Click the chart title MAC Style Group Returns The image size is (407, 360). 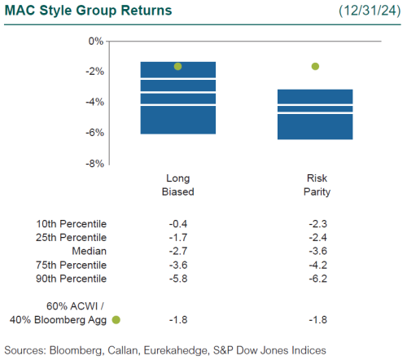coord(88,11)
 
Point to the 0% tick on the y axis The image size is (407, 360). coord(95,41)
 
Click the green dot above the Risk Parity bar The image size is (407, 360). coord(315,66)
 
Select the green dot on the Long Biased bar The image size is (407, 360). coord(177,66)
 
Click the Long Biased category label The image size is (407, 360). coord(177,185)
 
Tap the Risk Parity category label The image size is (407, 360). coord(315,185)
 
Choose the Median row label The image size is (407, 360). coord(90,252)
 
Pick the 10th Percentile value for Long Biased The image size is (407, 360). coord(177,224)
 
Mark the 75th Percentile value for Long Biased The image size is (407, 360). coord(177,266)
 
